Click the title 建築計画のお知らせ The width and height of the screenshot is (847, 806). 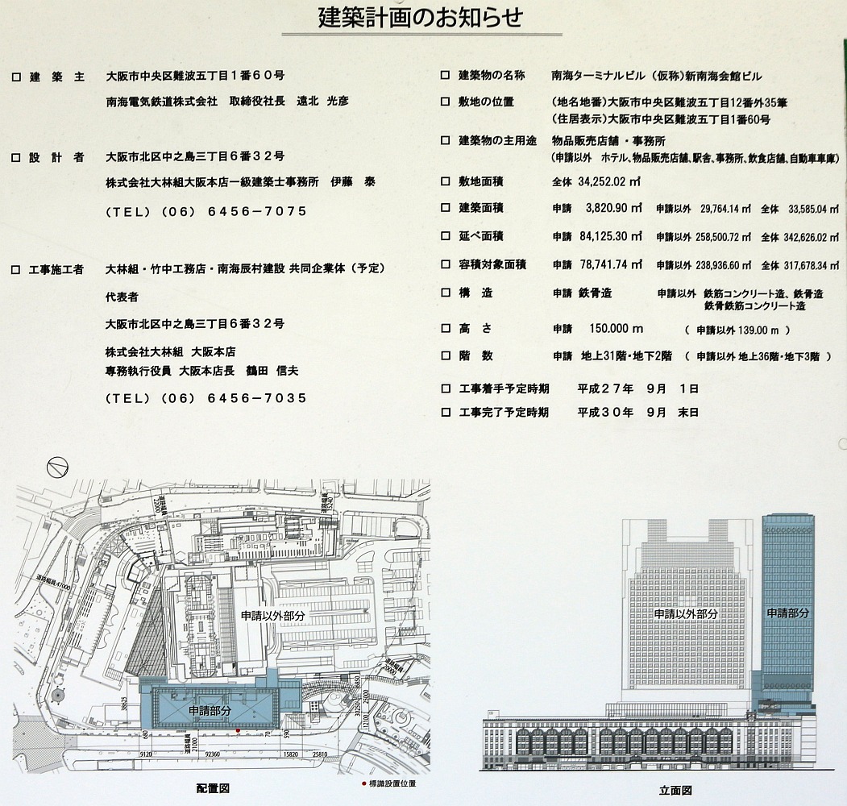point(421,18)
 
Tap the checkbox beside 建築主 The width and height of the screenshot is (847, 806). point(15,77)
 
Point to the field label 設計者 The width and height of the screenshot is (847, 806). point(56,158)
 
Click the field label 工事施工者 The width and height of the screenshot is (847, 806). point(56,269)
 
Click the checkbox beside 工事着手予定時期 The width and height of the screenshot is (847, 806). point(445,388)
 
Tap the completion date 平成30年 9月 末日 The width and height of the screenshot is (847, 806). point(637,412)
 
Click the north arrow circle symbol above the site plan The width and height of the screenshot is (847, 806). point(56,466)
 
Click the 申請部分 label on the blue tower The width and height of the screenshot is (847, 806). point(787,613)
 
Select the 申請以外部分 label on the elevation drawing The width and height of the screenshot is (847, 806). point(685,614)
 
